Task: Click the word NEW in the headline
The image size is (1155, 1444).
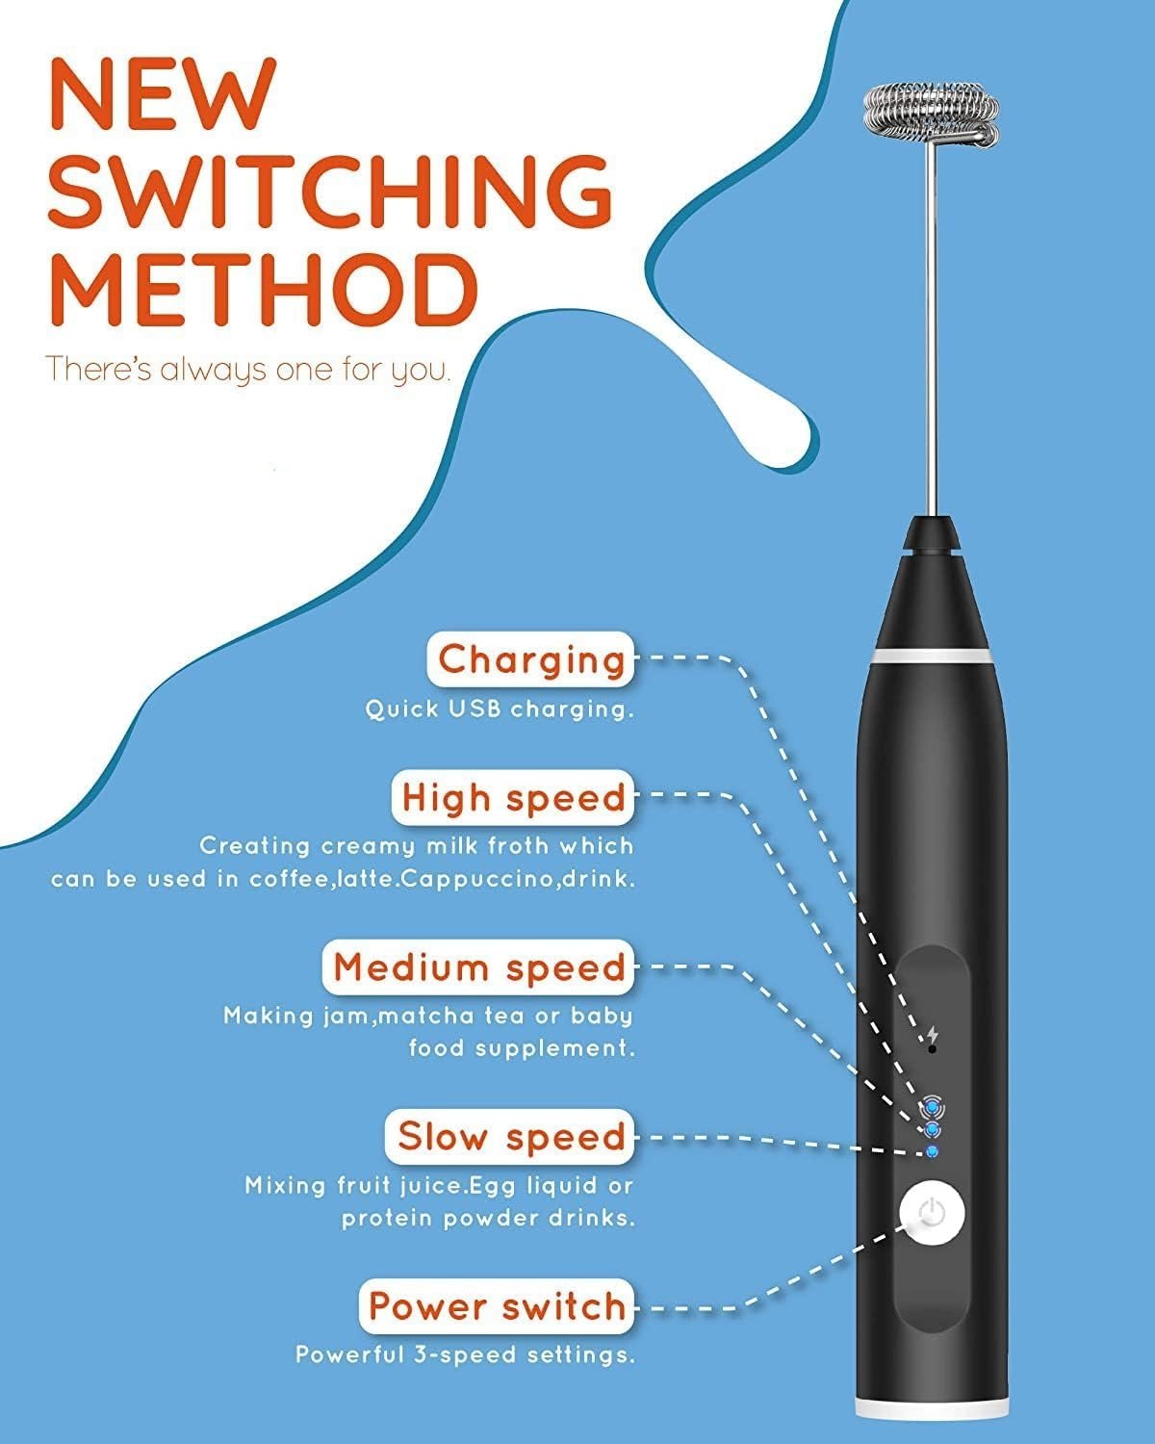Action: (x=162, y=94)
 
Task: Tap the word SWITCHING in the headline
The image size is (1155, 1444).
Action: (x=330, y=192)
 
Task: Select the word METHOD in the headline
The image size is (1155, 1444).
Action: (x=263, y=290)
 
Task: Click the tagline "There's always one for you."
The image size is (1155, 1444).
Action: (x=247, y=371)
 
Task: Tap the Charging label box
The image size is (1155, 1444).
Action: (x=530, y=658)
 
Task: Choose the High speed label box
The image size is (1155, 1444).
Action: (x=513, y=798)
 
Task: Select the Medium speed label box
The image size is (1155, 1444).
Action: (x=478, y=967)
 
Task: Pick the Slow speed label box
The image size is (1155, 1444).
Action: (x=510, y=1137)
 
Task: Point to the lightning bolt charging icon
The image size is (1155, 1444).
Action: (x=933, y=1034)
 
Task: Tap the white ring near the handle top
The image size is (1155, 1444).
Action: (x=933, y=656)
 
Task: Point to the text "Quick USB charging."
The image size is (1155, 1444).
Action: (x=500, y=709)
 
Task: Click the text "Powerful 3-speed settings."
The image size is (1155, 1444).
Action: (x=465, y=1354)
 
